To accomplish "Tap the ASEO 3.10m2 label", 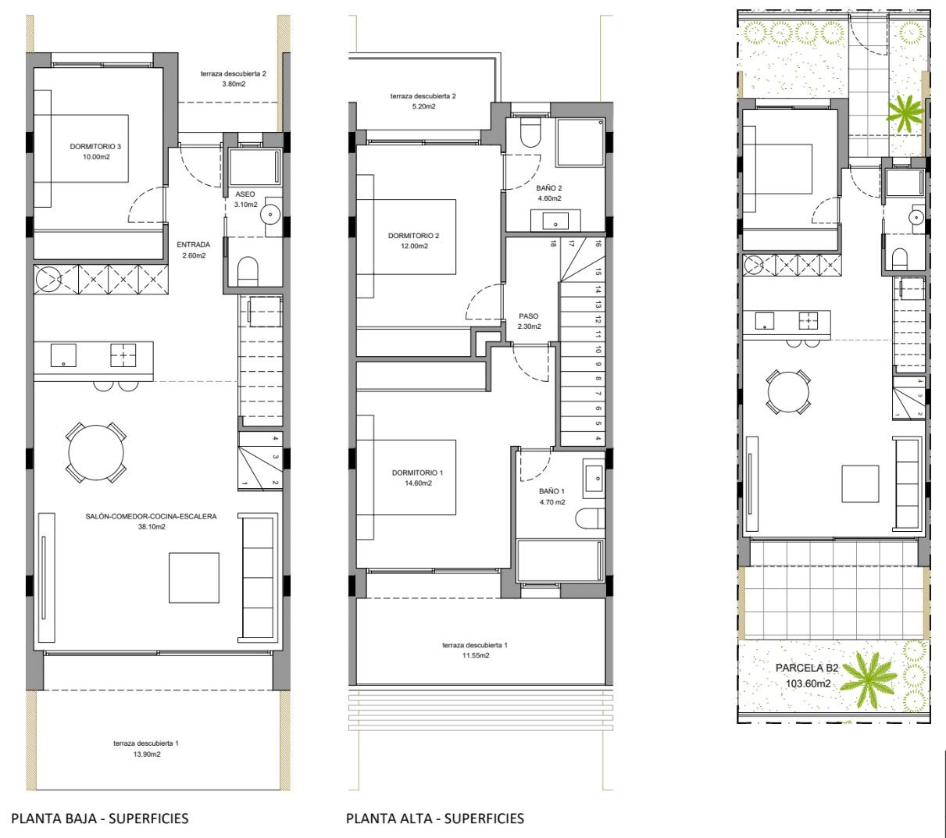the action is (245, 199).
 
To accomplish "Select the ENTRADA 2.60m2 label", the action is (193, 250).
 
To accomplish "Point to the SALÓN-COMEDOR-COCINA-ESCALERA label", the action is (151, 516).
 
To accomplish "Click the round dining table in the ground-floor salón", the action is (96, 453).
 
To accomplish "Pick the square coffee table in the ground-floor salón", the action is (194, 578).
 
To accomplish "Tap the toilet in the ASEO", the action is (248, 272).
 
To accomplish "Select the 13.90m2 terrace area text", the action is (146, 754).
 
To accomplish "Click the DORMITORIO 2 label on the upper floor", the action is (414, 236).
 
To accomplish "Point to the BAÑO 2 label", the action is (548, 188).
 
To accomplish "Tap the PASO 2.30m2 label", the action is (529, 321).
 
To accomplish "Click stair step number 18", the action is (553, 244).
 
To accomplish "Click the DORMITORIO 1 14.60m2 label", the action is (418, 478).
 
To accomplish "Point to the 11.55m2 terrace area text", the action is (475, 655).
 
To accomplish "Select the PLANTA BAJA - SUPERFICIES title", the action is (99, 818).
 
